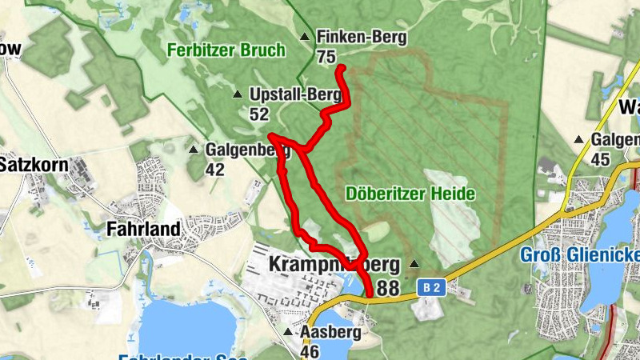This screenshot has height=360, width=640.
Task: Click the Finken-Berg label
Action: pyautogui.click(x=362, y=37)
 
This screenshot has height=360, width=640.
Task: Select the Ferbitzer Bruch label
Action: pyautogui.click(x=226, y=50)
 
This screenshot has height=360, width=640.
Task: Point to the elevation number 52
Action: pyautogui.click(x=258, y=114)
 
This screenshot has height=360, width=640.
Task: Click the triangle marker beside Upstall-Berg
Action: pyautogui.click(x=237, y=95)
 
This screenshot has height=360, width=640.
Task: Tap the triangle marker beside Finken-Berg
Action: pyautogui.click(x=304, y=38)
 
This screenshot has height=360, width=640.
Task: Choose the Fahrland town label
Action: pyautogui.click(x=143, y=230)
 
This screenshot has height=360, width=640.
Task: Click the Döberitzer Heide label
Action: pyautogui.click(x=411, y=194)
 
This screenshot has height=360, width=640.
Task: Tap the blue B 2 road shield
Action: pyautogui.click(x=430, y=286)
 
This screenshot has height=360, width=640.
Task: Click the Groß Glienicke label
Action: pyautogui.click(x=580, y=254)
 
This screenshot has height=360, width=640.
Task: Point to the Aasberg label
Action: pyautogui.click(x=330, y=331)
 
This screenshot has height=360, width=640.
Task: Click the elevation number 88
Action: pyautogui.click(x=386, y=288)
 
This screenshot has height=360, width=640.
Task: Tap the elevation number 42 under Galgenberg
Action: pyautogui.click(x=214, y=169)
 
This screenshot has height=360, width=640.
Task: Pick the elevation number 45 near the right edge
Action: pyautogui.click(x=600, y=159)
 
